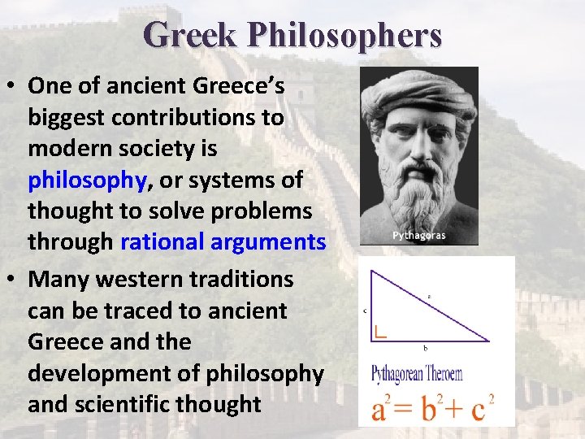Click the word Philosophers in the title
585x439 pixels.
pyautogui.click(x=344, y=35)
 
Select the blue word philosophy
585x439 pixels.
pyautogui.click(x=87, y=180)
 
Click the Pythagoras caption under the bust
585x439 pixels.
pyautogui.click(x=418, y=236)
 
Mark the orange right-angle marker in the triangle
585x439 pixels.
pyautogui.click(x=380, y=331)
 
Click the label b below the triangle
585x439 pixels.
pyautogui.click(x=425, y=348)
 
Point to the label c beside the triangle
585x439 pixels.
pyautogui.click(x=366, y=310)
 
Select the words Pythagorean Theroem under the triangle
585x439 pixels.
pyautogui.click(x=417, y=375)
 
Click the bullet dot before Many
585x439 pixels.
pyautogui.click(x=12, y=279)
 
